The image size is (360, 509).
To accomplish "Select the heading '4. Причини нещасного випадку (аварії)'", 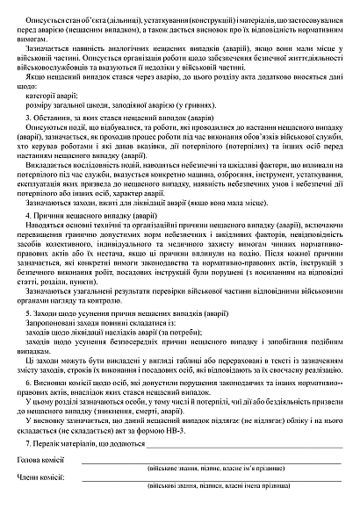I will click(94, 214).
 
